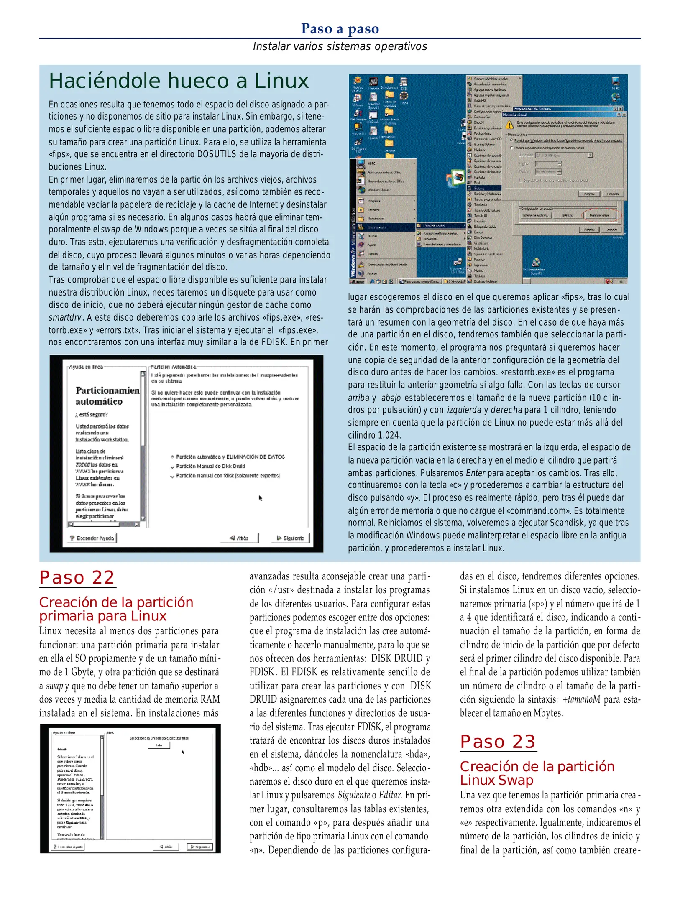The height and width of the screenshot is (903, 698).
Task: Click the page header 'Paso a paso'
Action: (340, 28)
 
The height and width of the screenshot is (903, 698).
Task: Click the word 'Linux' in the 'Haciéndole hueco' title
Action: (281, 81)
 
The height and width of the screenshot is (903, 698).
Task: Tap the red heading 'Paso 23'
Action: (498, 742)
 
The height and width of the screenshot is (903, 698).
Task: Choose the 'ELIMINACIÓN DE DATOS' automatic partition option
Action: (229, 457)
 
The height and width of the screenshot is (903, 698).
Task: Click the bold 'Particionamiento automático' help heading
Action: (107, 395)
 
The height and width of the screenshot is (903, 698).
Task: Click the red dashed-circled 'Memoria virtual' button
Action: (600, 215)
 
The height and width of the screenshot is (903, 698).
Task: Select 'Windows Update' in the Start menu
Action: (378, 190)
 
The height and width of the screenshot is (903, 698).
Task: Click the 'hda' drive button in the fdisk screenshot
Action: (159, 745)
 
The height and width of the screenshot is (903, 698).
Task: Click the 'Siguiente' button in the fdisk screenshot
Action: (200, 847)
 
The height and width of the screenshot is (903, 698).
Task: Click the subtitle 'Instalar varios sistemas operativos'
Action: (340, 46)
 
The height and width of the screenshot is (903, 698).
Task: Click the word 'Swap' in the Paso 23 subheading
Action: (515, 780)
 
